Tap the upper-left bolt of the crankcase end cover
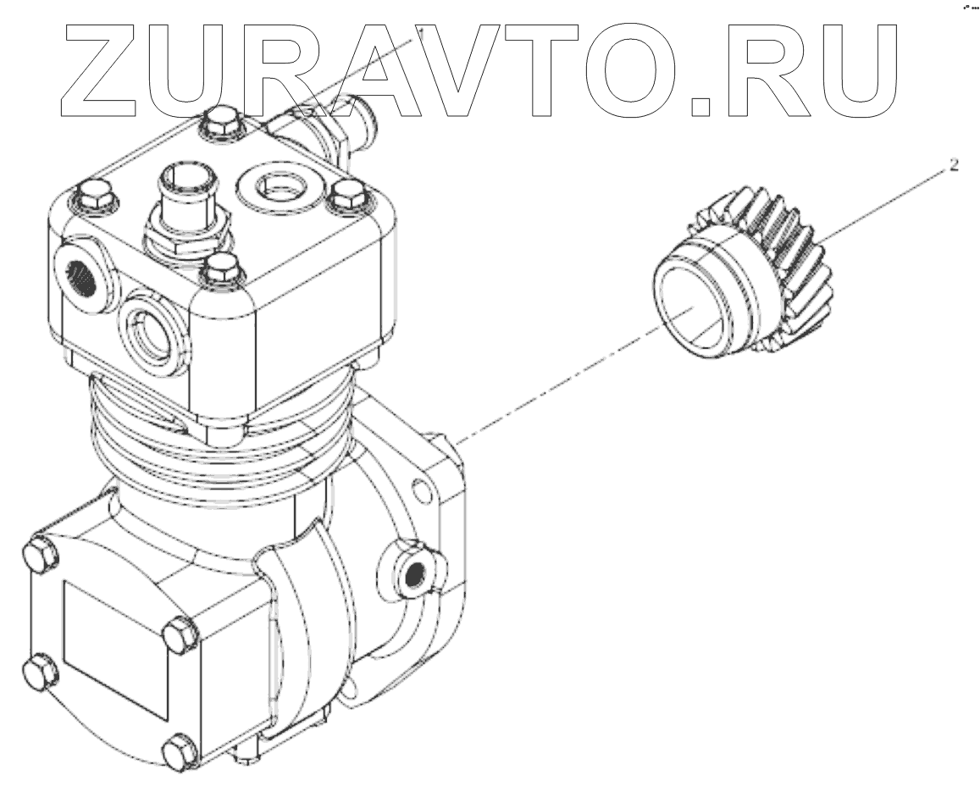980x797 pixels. point(40,554)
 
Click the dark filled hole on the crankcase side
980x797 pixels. point(414,574)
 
